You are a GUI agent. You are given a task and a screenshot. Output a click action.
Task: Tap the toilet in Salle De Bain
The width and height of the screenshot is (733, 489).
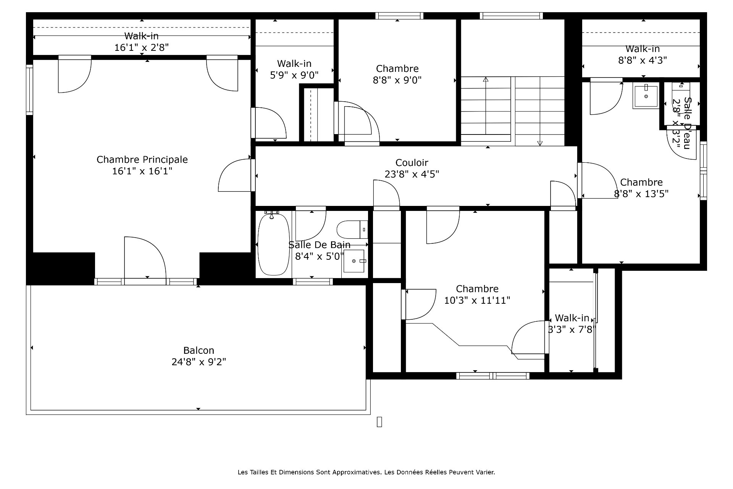(352, 229)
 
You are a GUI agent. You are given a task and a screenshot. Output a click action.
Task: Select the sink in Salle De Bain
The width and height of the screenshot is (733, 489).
(354, 261)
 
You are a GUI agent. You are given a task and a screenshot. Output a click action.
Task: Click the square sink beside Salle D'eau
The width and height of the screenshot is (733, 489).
(646, 96)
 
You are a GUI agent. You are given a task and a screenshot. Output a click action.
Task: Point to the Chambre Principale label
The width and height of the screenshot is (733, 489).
(142, 159)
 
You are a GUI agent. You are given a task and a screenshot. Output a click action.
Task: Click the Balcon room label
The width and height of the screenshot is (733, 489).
(199, 350)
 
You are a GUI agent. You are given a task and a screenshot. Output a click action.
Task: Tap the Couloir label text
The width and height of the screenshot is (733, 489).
(412, 163)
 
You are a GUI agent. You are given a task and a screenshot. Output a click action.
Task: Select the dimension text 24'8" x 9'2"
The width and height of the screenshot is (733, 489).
(199, 362)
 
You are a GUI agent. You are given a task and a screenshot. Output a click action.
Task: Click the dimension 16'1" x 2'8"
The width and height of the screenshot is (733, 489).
(142, 47)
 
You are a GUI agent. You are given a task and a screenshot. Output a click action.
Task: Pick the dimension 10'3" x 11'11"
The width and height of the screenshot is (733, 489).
(477, 300)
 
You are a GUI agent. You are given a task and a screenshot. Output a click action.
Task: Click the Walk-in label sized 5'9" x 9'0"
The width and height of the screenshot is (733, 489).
(294, 63)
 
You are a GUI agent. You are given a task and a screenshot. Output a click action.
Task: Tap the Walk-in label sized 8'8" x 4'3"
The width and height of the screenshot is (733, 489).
(643, 49)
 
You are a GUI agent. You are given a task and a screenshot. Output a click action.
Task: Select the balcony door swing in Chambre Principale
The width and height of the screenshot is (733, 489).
(145, 258)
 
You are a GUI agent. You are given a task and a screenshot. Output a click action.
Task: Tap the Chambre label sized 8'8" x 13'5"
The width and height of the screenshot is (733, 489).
(641, 182)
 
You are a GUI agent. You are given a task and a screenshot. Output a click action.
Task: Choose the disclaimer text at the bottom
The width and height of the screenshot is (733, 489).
(366, 472)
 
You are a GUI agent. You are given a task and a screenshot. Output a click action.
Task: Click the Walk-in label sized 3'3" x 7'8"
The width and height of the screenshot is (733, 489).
(572, 318)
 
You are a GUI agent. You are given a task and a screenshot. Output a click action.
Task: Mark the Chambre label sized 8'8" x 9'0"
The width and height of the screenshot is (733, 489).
(397, 69)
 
